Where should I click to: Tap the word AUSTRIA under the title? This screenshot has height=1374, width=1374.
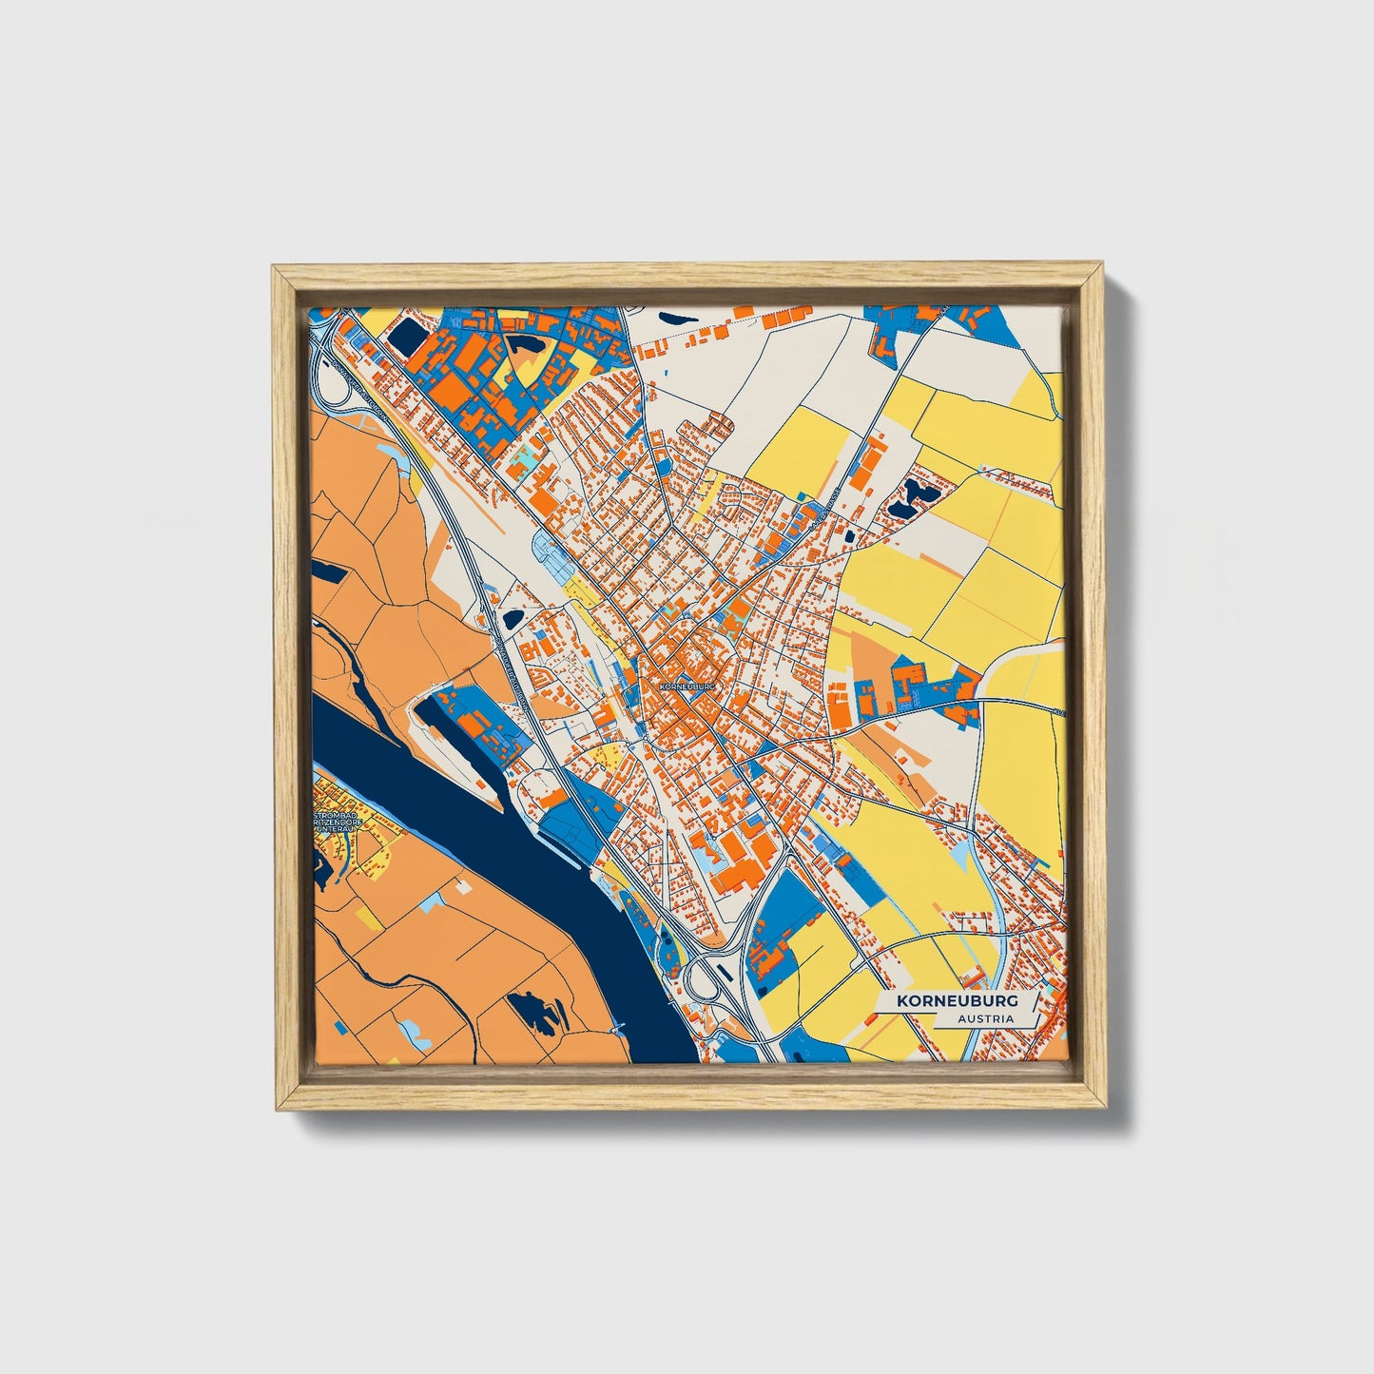[985, 1018]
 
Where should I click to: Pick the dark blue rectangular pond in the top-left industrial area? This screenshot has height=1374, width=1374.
[411, 335]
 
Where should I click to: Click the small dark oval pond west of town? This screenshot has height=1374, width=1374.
[513, 618]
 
